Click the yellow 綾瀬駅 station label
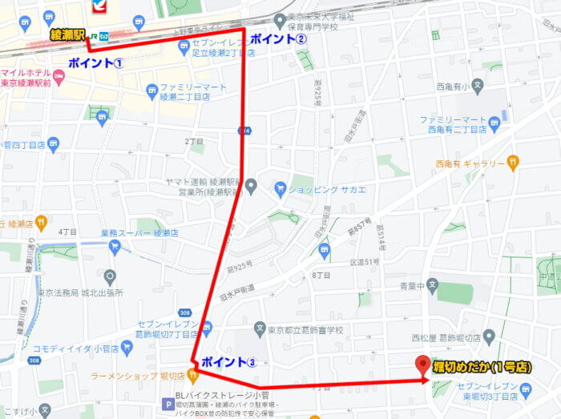click(x=67, y=34)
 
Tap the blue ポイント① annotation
click(x=95, y=63)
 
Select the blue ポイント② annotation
click(x=278, y=39)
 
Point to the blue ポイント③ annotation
click(x=228, y=362)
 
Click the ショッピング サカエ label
click(x=326, y=189)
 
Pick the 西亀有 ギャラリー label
click(x=470, y=163)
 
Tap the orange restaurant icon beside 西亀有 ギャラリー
click(x=513, y=163)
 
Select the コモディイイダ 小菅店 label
click(x=76, y=349)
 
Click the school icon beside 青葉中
click(x=433, y=283)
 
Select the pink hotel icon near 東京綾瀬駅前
click(x=59, y=75)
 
